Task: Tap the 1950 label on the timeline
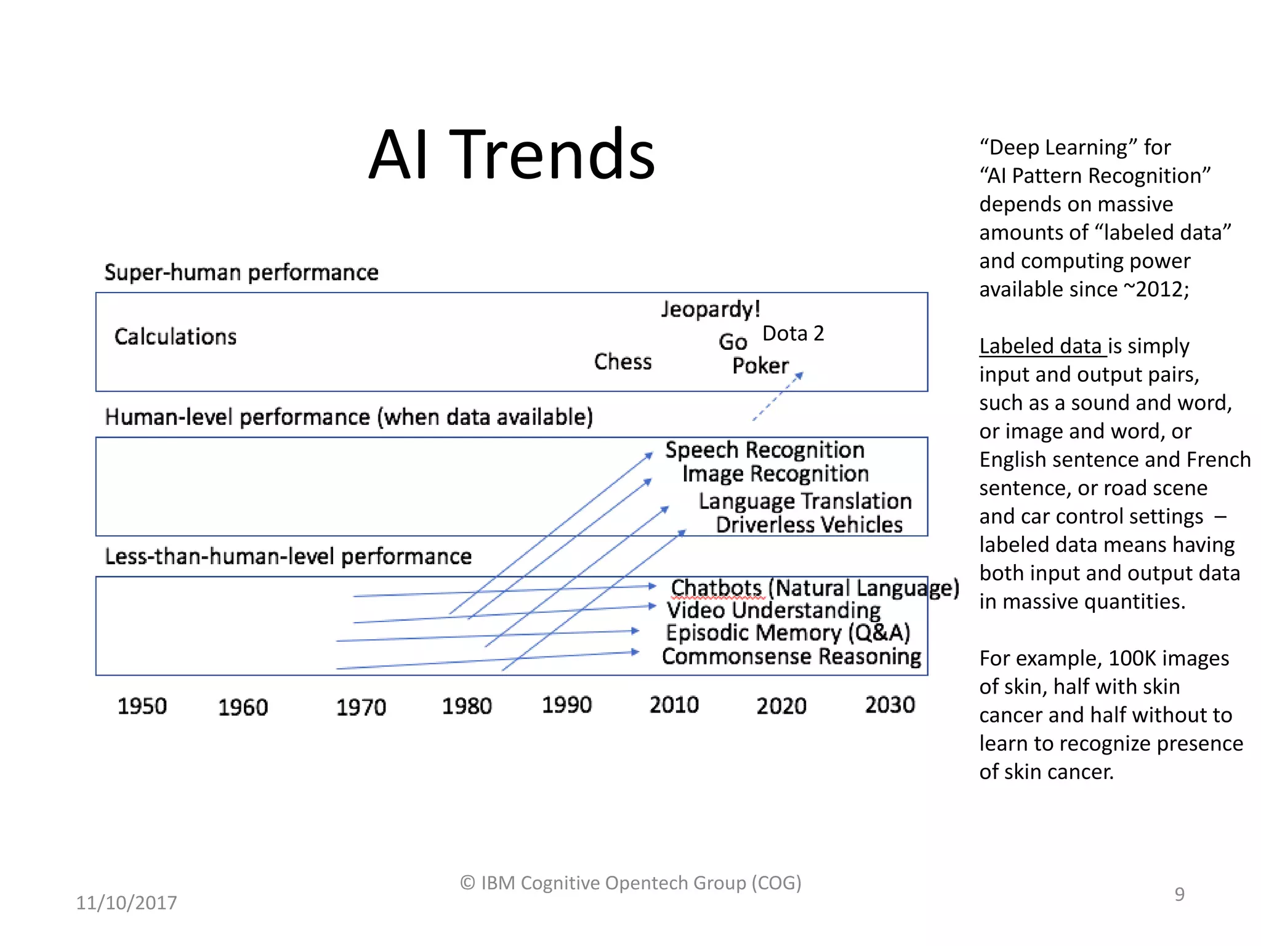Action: pos(142,706)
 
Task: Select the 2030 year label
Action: pos(890,705)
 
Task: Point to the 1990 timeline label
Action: pos(566,705)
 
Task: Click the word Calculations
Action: pos(175,337)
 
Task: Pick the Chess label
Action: pos(622,362)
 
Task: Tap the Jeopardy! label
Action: pos(711,309)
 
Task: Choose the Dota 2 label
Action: pos(793,333)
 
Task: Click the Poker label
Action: pos(760,365)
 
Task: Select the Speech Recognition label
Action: pos(765,450)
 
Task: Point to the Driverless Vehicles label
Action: pos(809,525)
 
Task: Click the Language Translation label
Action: pos(805,501)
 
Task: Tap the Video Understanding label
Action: pos(773,610)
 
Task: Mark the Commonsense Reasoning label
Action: pos(791,657)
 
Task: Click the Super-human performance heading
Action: pos(241,272)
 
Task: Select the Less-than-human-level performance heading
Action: pos(288,556)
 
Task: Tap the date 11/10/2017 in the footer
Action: pos(126,902)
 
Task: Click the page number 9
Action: pos(1179,894)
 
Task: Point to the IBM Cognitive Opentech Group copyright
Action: pos(630,883)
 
